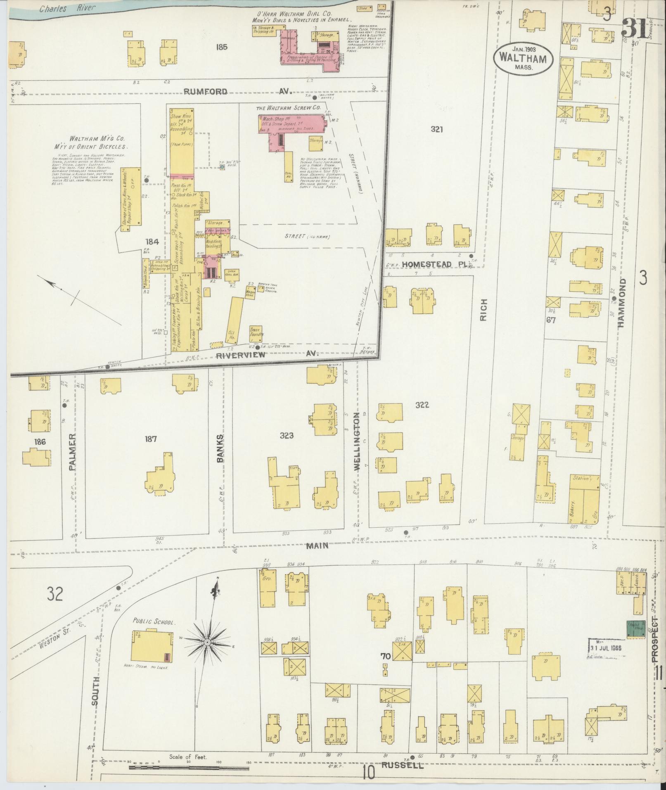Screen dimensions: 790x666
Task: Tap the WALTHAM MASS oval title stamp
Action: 523,59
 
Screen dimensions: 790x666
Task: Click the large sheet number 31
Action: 635,28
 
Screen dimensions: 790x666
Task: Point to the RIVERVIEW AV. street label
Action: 267,354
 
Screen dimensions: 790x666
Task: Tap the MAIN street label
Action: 317,546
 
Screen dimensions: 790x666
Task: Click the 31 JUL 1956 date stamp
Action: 605,648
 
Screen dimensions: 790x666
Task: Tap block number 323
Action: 286,435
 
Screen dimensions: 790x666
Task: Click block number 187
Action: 151,439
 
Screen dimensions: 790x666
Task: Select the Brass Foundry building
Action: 256,333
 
